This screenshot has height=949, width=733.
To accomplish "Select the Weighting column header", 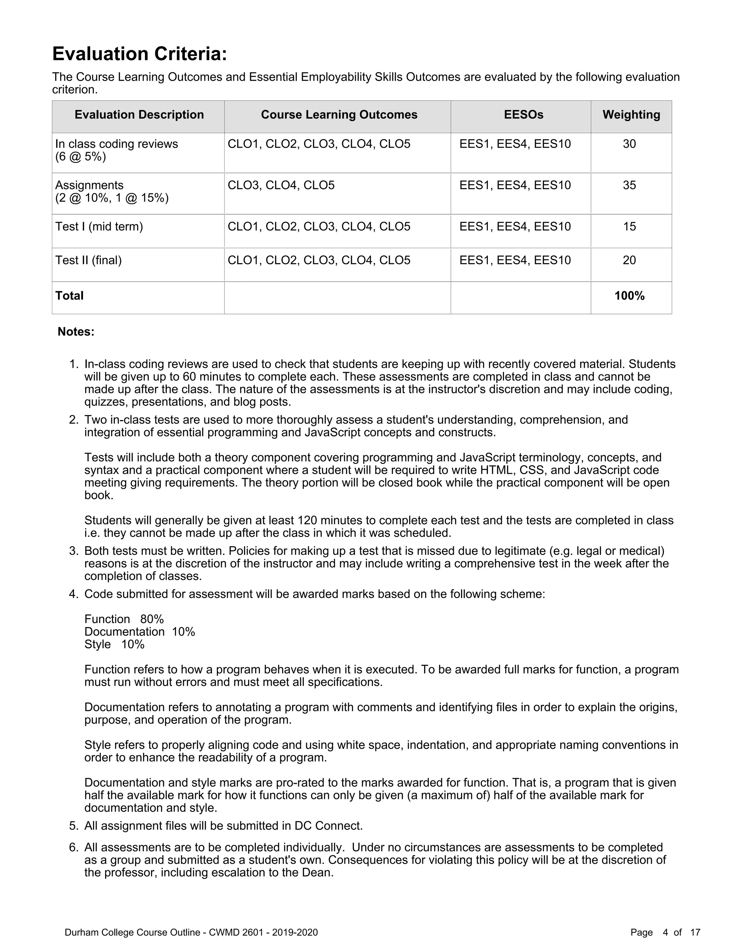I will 631,115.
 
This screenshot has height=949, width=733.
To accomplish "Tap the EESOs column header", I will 523,115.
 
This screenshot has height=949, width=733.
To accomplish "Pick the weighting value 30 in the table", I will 629,144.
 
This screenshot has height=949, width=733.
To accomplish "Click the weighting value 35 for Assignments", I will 629,185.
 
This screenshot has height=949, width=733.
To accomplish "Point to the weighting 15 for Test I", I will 629,226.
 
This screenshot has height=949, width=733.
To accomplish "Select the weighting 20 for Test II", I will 629,260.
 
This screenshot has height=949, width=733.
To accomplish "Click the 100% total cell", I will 629,296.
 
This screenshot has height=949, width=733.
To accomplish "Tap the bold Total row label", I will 69,296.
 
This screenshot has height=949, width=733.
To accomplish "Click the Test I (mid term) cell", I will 99,226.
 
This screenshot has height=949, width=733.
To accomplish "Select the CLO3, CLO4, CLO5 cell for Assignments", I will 281,185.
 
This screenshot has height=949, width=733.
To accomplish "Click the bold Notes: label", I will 76,332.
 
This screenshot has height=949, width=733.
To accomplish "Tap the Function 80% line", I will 124,619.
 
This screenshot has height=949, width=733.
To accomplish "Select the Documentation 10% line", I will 139,632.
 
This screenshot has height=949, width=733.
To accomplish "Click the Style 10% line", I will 114,644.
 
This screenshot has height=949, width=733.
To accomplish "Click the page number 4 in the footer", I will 665,933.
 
